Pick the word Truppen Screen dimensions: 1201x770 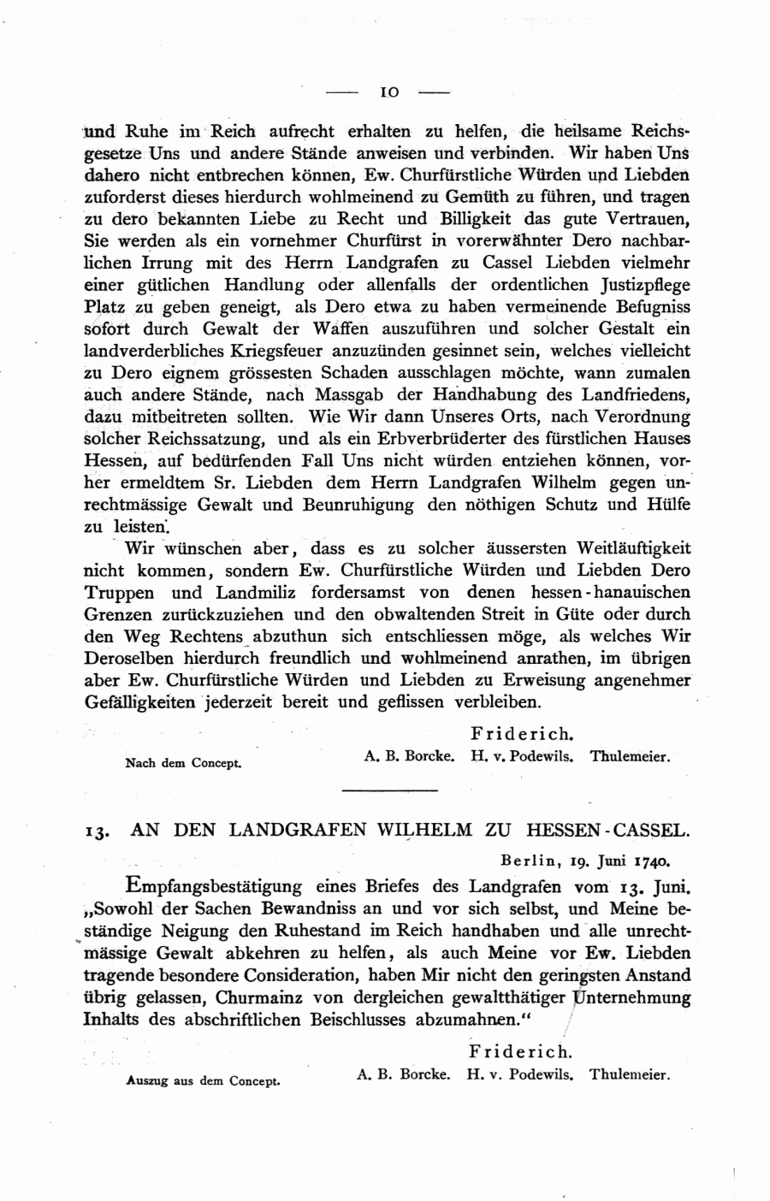[x=119, y=593]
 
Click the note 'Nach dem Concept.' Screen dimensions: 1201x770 [x=183, y=763]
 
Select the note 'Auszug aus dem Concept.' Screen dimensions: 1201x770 [x=203, y=1080]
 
